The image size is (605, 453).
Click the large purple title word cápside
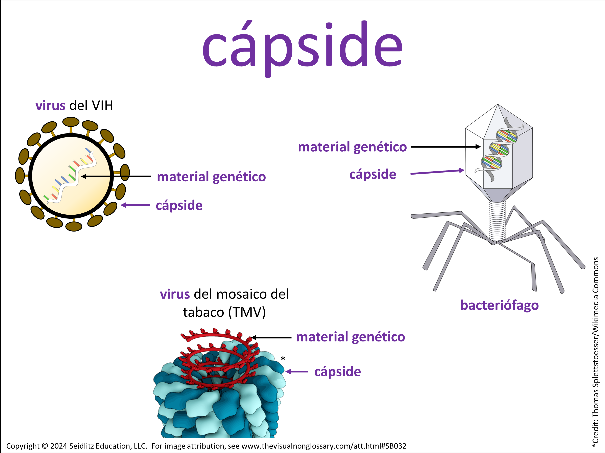302,45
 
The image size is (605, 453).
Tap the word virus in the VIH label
50,106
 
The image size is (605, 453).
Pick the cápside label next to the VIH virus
179,205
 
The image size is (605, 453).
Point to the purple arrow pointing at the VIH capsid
135,205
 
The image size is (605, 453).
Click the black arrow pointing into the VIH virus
116,177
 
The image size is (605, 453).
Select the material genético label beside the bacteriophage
352,147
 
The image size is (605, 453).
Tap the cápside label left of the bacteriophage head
373,174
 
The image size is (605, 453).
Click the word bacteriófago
499,305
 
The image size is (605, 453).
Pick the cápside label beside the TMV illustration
338,372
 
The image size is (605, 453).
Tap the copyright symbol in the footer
45,446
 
